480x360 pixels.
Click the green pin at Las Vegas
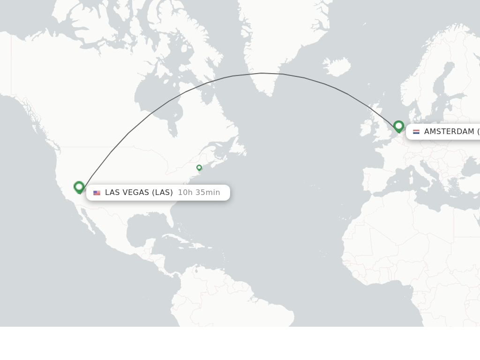click(79, 187)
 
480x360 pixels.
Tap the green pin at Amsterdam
click(398, 126)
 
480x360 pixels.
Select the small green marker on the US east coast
click(199, 167)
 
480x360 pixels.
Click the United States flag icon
click(97, 193)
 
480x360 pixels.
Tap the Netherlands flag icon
click(416, 132)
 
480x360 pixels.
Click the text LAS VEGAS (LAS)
click(139, 193)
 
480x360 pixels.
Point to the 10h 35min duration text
click(199, 193)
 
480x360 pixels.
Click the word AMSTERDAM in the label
click(449, 132)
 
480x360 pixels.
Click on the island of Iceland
click(337, 67)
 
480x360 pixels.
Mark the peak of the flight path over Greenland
click(262, 73)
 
